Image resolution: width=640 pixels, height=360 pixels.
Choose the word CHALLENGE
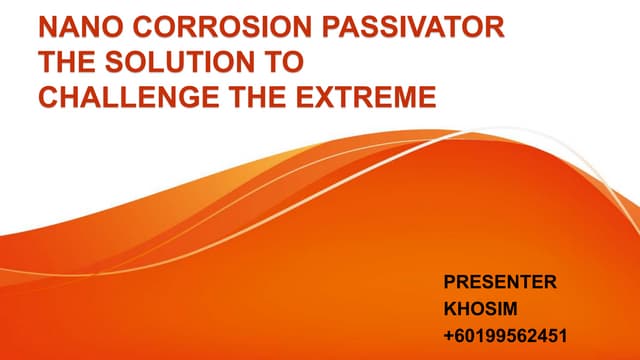tap(141, 98)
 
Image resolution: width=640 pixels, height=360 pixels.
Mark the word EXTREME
tap(379, 98)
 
